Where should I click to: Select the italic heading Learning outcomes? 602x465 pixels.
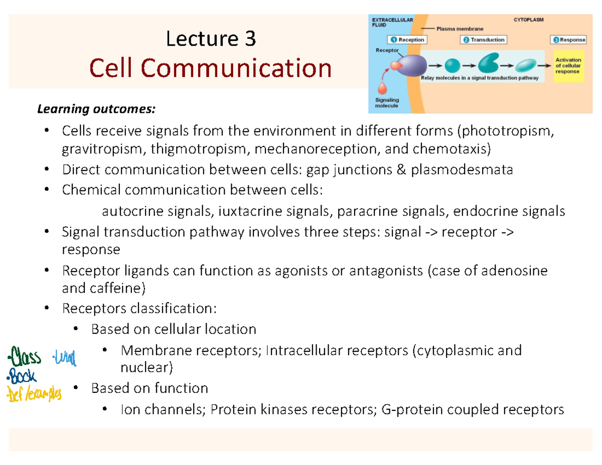(94, 109)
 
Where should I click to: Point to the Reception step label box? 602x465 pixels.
(407, 40)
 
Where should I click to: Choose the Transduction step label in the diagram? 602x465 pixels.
(484, 40)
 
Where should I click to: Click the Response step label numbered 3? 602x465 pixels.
(569, 40)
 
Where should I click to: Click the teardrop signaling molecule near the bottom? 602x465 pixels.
(383, 87)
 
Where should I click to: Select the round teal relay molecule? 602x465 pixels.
(452, 65)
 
